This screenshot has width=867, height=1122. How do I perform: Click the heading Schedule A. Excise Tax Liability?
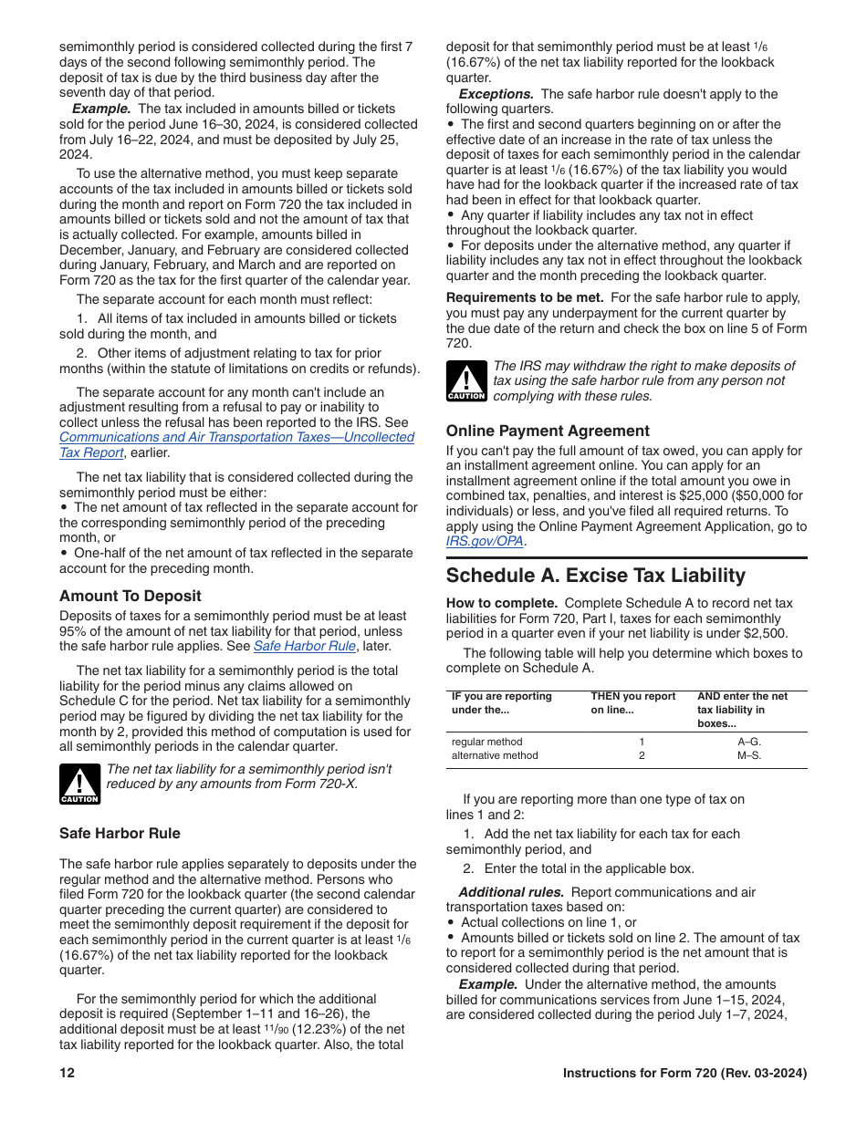pos(595,576)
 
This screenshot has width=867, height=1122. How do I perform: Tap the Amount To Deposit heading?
pos(131,596)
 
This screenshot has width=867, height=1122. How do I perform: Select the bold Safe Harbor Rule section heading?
pos(120,833)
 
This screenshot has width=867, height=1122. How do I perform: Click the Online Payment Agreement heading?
pos(548,431)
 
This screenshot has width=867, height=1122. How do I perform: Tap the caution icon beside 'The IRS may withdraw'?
pos(465,381)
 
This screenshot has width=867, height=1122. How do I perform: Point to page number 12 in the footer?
pos(67,1074)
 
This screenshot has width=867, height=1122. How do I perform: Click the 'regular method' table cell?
pos(487,742)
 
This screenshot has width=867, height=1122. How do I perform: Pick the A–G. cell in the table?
pos(748,742)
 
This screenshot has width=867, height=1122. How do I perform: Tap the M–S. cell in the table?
pos(748,755)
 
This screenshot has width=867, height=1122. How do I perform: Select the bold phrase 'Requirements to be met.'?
pos(525,297)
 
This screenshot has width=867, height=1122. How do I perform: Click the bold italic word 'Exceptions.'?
pos(496,94)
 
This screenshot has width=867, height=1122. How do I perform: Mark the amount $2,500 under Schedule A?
pos(767,634)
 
